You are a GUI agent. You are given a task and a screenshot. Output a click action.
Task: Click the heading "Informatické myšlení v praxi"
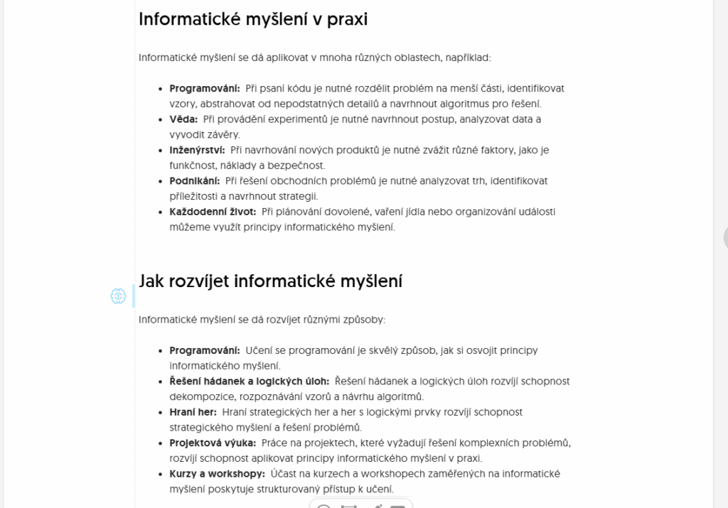[x=253, y=19]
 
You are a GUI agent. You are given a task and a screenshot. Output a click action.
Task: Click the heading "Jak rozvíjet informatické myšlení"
[x=270, y=281]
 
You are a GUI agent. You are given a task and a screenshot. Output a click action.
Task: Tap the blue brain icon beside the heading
[x=118, y=296]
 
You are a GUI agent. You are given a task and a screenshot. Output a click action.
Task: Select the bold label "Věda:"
[x=183, y=119]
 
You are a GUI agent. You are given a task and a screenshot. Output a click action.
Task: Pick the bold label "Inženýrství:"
[x=197, y=150]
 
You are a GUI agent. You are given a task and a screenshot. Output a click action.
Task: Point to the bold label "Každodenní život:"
[x=213, y=212]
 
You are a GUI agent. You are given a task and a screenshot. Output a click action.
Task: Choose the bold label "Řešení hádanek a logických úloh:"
[x=249, y=382]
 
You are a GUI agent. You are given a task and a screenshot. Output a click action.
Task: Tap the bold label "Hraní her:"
[x=193, y=412]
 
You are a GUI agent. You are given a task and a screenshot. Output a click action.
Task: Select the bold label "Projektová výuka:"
[x=213, y=443]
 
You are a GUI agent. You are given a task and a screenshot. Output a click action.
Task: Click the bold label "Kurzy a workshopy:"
[x=217, y=474]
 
